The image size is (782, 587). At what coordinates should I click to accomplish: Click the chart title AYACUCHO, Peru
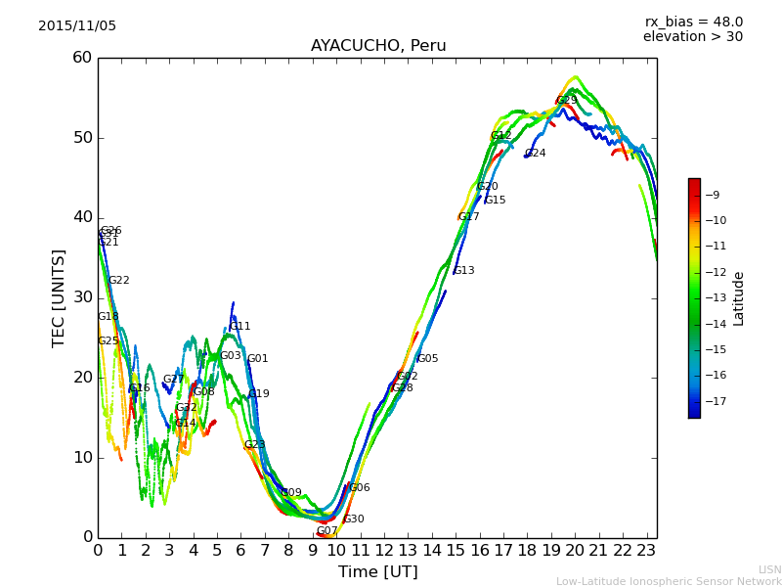(377, 46)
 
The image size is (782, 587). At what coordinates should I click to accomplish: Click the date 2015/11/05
(77, 26)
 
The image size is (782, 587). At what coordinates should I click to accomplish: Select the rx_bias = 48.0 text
(693, 22)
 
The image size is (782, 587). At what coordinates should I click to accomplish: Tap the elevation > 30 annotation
(692, 37)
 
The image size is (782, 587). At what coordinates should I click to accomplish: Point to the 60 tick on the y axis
(82, 58)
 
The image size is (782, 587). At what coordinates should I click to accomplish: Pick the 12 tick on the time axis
(384, 551)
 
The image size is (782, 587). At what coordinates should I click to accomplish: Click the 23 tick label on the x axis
(646, 551)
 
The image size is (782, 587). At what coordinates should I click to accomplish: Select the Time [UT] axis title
(377, 572)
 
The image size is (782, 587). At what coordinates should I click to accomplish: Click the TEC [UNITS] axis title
(59, 297)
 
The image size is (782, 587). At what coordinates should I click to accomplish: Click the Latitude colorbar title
(739, 298)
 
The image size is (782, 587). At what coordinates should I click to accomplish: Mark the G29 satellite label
(567, 100)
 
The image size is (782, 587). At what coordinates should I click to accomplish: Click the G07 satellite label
(326, 531)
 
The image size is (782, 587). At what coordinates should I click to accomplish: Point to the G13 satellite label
(463, 270)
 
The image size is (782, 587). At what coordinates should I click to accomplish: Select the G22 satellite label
(118, 281)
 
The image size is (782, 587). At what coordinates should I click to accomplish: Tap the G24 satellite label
(536, 154)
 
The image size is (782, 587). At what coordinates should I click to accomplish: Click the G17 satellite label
(468, 217)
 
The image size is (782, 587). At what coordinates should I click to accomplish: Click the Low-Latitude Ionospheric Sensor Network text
(669, 581)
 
